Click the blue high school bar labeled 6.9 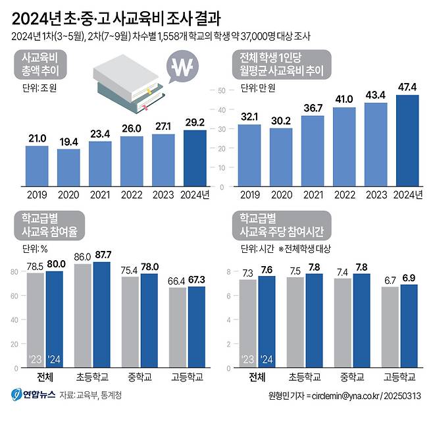point(409,325)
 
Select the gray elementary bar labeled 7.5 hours point(295,321)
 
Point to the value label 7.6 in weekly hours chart point(267,269)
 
